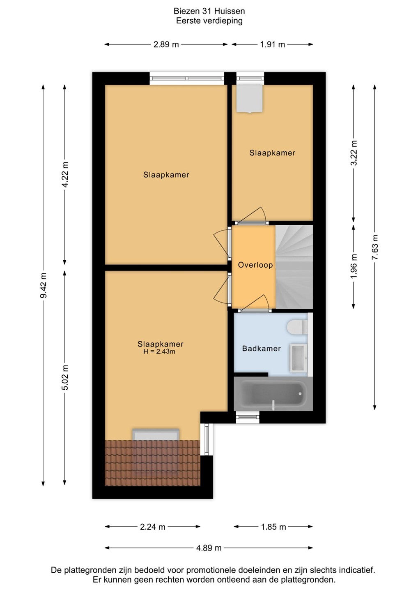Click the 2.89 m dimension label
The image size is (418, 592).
click(x=166, y=44)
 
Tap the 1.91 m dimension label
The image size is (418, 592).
click(x=272, y=44)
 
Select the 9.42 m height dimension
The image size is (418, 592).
click(x=43, y=285)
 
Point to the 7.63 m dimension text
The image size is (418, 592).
click(x=375, y=247)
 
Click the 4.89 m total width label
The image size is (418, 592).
click(x=209, y=548)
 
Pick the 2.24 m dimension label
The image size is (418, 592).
click(x=152, y=527)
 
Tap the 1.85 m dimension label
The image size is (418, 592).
click(x=273, y=527)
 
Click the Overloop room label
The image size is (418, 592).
click(x=255, y=265)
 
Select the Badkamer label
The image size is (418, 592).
click(x=261, y=348)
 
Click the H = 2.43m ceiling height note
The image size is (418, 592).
click(x=159, y=351)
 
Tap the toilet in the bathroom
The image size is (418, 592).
click(x=297, y=327)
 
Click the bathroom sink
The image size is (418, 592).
click(x=299, y=358)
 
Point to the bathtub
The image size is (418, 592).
click(x=273, y=394)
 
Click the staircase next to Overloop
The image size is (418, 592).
click(x=294, y=267)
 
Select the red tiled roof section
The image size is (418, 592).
click(x=152, y=463)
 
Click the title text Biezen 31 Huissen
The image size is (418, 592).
click(x=209, y=11)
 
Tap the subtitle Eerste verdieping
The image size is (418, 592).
click(x=209, y=21)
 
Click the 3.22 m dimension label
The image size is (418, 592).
click(x=354, y=153)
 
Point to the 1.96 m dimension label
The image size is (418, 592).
click(x=354, y=266)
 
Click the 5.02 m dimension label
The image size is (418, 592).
click(x=65, y=377)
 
